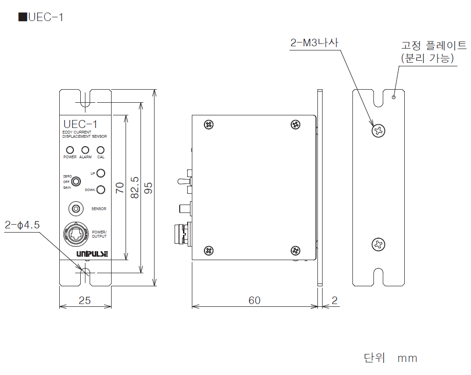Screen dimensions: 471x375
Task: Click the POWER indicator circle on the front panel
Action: tap(70, 150)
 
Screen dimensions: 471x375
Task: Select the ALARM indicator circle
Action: tap(85, 150)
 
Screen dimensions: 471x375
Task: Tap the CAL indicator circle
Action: tap(101, 150)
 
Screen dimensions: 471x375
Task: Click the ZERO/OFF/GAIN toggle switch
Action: tap(76, 182)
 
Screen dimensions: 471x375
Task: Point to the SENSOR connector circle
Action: tap(76, 209)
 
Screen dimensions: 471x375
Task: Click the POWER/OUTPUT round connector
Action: tap(76, 234)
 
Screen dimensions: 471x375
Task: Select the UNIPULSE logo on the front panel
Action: tap(92, 254)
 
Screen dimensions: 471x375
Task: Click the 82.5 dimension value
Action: tap(135, 188)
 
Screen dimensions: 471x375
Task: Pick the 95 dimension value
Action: tap(148, 188)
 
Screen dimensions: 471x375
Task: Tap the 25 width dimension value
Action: tap(84, 300)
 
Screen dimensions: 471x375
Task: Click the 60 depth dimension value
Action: tap(254, 300)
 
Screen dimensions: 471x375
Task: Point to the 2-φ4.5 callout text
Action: tap(22, 225)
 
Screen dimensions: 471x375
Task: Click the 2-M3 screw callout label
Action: tap(314, 42)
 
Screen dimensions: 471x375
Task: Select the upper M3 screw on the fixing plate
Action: tap(379, 131)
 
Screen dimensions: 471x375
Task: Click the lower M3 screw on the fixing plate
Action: tap(379, 245)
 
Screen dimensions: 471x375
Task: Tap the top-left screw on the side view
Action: tap(209, 124)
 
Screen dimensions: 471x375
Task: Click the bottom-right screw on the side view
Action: tap(295, 250)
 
